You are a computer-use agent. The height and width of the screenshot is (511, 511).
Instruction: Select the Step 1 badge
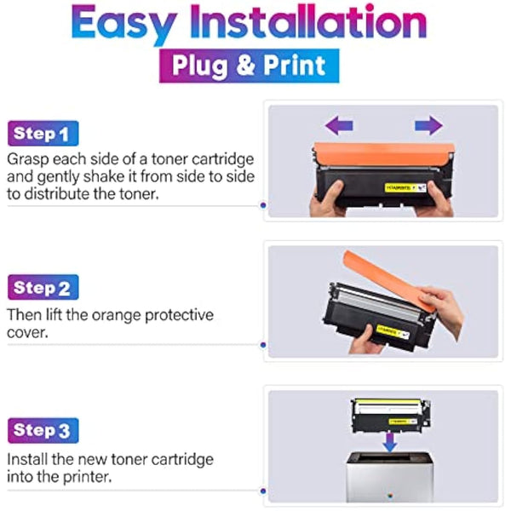(x=43, y=134)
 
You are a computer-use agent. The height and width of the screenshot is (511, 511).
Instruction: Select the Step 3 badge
(x=43, y=431)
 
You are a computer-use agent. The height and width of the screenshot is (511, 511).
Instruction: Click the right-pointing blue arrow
(x=428, y=126)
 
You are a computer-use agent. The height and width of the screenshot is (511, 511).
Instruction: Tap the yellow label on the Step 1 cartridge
(x=399, y=184)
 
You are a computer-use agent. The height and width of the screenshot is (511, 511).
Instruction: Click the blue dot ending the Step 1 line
(x=262, y=205)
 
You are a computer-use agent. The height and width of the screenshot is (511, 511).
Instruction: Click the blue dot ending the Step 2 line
(x=262, y=345)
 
